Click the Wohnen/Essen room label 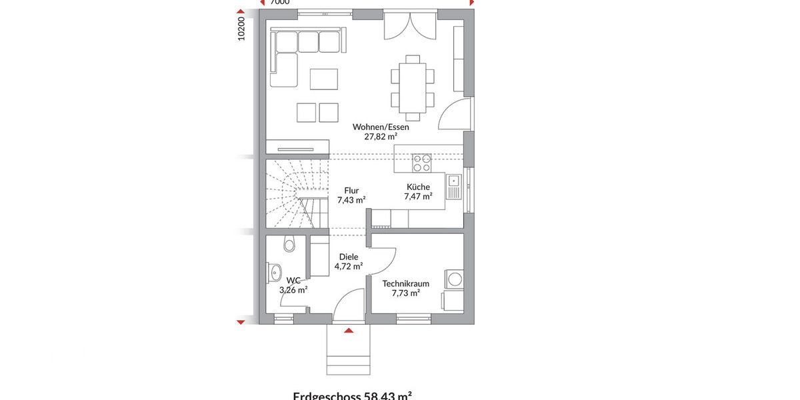tap(381, 127)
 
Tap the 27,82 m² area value tap(381, 137)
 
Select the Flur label tap(351, 190)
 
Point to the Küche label tap(418, 187)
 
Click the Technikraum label tap(405, 283)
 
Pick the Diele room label tap(348, 257)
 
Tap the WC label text tap(293, 281)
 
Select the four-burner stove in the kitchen tap(421, 160)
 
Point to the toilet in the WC tap(288, 245)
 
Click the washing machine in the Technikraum tap(454, 278)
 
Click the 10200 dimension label tap(242, 28)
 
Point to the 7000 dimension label tap(281, 3)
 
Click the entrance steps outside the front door tap(347, 354)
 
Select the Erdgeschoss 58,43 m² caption tap(352, 395)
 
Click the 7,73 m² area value tap(405, 293)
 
